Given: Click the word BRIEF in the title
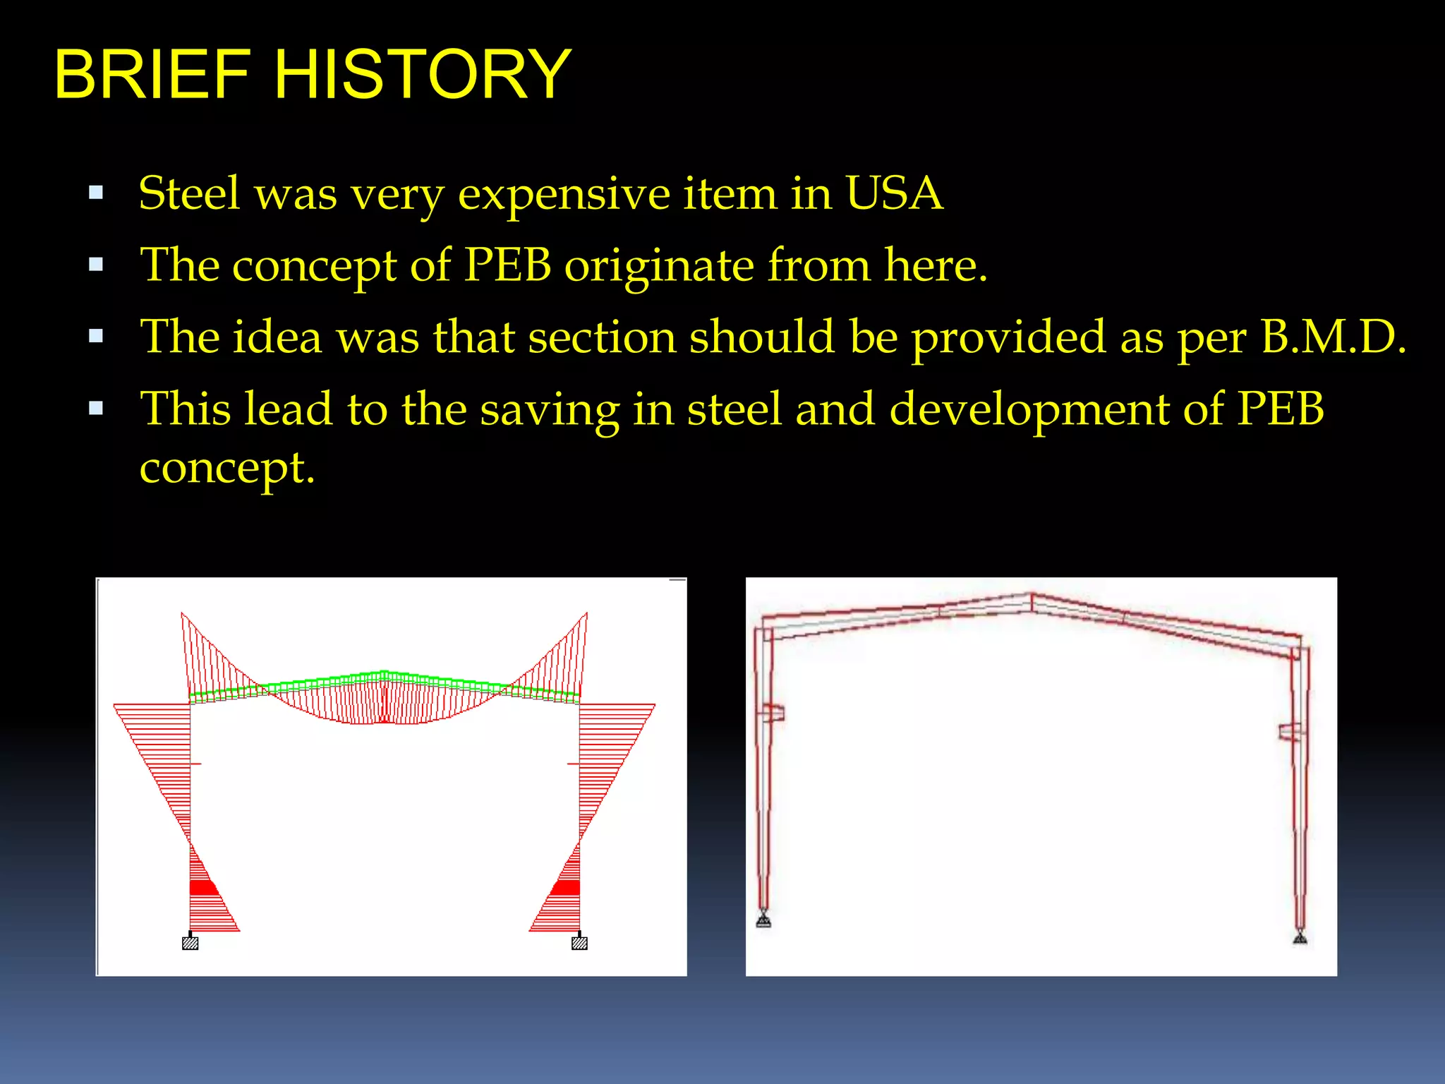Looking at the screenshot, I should click(152, 74).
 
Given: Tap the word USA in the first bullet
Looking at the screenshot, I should click(893, 193).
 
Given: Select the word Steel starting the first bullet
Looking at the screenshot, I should click(189, 193).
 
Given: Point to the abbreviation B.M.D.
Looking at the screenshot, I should click(1333, 337).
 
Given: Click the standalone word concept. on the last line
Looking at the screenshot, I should click(226, 468).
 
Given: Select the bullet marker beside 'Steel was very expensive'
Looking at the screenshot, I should click(97, 193).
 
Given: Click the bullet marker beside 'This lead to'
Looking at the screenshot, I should click(97, 408).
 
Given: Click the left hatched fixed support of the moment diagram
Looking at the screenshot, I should click(190, 943).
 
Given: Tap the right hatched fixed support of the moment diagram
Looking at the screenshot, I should click(579, 943).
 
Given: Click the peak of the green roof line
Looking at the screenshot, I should click(384, 673).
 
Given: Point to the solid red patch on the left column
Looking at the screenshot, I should click(203, 887).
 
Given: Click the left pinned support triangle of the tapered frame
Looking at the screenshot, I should click(763, 920).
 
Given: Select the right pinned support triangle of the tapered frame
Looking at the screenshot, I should click(1300, 937).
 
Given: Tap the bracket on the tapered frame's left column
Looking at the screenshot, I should click(773, 713).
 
